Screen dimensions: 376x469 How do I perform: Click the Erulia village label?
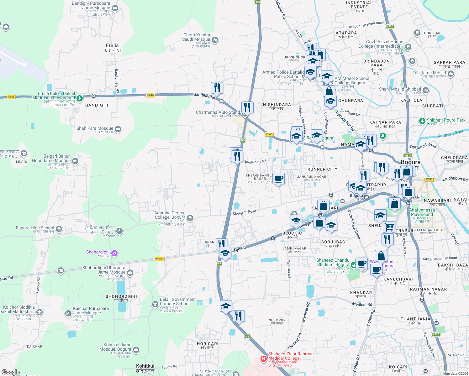pos(112,46)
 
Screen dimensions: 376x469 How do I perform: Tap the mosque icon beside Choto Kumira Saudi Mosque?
pos(215,40)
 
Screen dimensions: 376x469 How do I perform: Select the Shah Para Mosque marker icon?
pos(118,129)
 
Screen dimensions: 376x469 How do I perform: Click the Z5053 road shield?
pos(159,259)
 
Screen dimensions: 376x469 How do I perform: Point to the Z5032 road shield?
pos(430,180)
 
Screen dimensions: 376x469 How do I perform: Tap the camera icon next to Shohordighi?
pos(114,253)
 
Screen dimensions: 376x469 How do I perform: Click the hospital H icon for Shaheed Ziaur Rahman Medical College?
pos(264,358)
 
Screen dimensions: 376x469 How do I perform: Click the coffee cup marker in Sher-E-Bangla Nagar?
pos(278,179)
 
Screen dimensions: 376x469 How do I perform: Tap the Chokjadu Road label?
pos(244,212)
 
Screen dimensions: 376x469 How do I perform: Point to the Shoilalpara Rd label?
pos(255,162)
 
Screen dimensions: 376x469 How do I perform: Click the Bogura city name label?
pos(410,162)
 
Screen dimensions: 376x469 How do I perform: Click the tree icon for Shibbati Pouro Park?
pos(422,121)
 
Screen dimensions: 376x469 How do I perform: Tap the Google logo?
pos(10,372)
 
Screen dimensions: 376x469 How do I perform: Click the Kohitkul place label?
pos(145,366)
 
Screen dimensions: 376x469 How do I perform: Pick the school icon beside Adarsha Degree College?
pos(190,218)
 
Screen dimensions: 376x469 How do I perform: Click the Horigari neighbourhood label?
pos(208,344)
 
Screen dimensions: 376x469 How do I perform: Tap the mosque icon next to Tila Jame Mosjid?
pos(451,74)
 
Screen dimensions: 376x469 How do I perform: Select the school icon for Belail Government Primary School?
pos(155,304)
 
